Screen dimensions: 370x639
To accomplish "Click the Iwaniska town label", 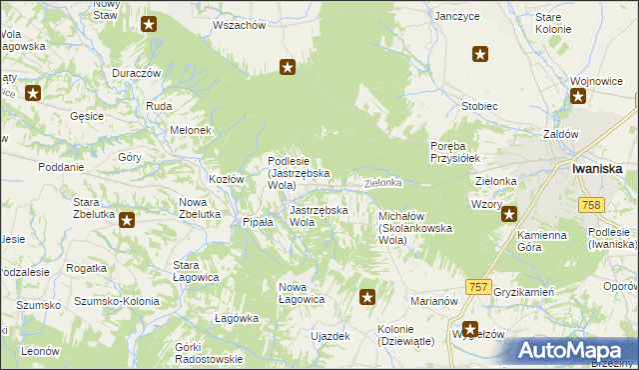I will point(598,169).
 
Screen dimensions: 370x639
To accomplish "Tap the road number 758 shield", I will point(590,204).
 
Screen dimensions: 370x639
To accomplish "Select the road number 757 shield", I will point(478,287).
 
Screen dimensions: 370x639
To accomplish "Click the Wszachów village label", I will point(240,24).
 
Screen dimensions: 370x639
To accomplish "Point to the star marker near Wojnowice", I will point(578,96).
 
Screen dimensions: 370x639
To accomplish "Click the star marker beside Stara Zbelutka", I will point(127,220).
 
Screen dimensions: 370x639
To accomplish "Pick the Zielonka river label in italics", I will point(382,183).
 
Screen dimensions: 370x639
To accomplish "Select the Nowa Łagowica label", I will point(301,293).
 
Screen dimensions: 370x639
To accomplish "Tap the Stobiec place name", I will point(479,105).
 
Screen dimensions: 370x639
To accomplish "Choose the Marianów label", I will point(433,299).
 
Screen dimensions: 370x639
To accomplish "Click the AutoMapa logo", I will point(568,350).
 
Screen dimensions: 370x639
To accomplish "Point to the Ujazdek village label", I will point(330,336).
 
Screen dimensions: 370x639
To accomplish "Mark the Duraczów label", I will point(137,74).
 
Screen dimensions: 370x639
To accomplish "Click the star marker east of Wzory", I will point(508,213).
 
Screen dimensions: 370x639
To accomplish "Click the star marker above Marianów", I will point(367,296).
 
